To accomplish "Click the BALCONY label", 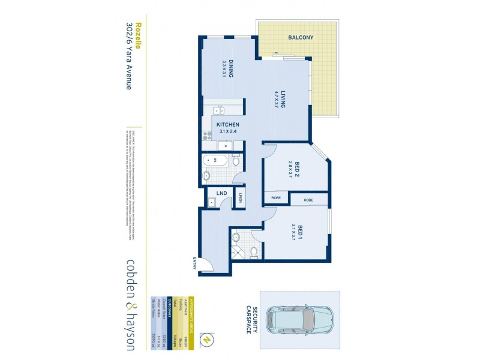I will pos(301,37).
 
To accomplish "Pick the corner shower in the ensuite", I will pos(237,253).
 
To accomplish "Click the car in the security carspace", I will pos(299,319).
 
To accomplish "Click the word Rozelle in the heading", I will pos(138,35).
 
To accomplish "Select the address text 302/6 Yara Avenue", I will pos(128,56).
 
